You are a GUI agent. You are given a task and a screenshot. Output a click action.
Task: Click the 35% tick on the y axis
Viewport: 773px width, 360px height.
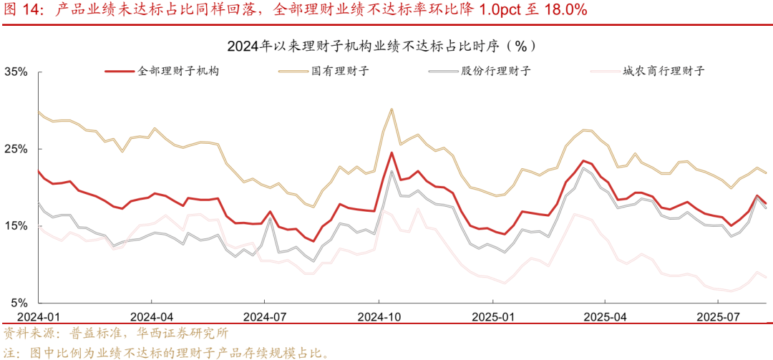16,72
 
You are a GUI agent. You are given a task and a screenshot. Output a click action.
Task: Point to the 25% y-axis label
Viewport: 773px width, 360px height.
16,149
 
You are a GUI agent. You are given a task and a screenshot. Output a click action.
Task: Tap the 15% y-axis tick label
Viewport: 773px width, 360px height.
16,226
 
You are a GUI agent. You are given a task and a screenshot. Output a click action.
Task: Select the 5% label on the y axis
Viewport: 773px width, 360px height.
19,303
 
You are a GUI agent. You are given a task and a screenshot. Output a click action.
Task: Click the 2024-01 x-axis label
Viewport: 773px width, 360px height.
37,316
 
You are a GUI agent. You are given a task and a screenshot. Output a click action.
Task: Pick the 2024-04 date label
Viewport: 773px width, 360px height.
152,316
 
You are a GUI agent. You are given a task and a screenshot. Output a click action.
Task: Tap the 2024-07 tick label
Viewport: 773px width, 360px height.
265,316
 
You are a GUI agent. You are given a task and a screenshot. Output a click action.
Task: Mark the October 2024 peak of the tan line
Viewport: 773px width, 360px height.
392,110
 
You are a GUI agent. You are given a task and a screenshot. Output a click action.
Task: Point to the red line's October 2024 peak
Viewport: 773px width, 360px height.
392,152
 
